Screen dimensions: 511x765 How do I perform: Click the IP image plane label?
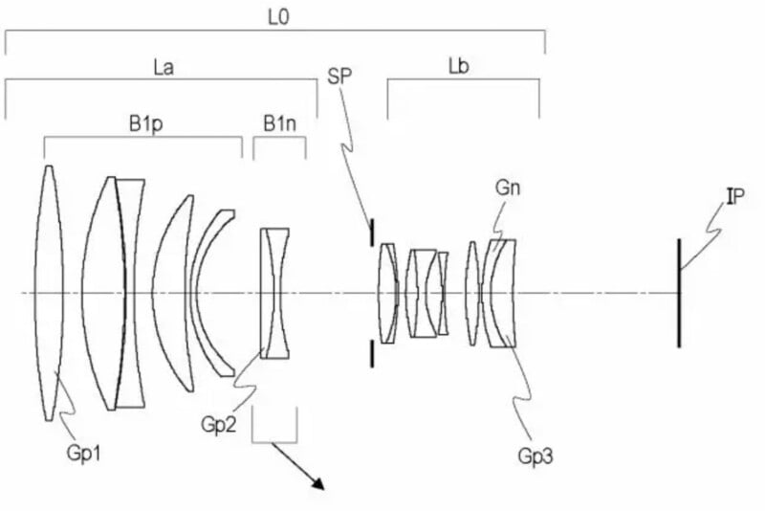(x=734, y=196)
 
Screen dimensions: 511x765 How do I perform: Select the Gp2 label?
(x=219, y=424)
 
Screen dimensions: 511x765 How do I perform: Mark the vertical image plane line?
(x=679, y=292)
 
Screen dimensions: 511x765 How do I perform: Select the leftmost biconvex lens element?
(x=50, y=292)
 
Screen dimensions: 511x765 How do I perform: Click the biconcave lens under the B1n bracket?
(x=275, y=292)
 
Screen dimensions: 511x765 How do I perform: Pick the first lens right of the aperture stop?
(x=387, y=292)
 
